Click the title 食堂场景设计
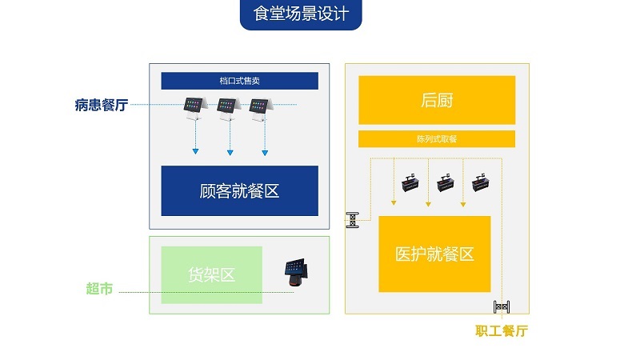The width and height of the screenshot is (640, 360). pyautogui.click(x=301, y=15)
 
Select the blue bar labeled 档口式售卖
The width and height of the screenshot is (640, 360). pyautogui.click(x=239, y=81)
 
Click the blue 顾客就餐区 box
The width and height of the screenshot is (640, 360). pyautogui.click(x=239, y=191)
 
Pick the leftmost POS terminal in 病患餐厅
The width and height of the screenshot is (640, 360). pyautogui.click(x=193, y=108)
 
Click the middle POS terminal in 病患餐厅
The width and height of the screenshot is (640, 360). pyautogui.click(x=226, y=108)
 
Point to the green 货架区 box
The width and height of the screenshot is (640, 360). pyautogui.click(x=211, y=274)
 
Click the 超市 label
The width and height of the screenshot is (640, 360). pyautogui.click(x=99, y=289)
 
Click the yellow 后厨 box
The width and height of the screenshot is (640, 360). pyautogui.click(x=436, y=100)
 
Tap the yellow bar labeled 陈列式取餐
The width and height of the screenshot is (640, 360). pyautogui.click(x=436, y=138)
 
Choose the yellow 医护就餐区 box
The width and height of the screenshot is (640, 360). pyautogui.click(x=434, y=254)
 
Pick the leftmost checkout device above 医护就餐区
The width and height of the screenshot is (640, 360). pyautogui.click(x=411, y=183)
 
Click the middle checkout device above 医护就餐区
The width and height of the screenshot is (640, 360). pyautogui.click(x=446, y=183)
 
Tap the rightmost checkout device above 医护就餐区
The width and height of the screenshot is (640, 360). pyautogui.click(x=482, y=183)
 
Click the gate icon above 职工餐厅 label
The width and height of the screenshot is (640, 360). pyautogui.click(x=502, y=306)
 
